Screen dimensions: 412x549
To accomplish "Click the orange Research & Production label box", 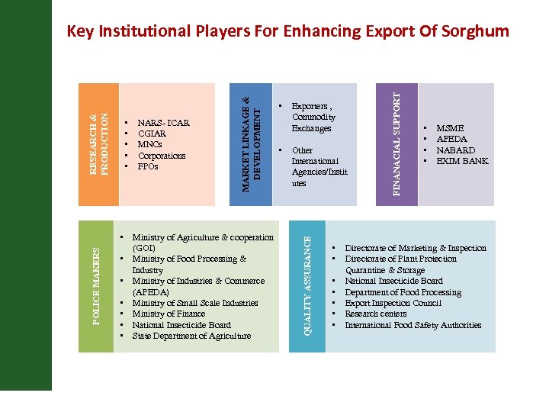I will coord(99,144).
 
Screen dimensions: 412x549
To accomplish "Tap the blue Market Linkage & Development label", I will coord(252,144).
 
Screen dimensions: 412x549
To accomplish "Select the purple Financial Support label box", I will coord(399,144).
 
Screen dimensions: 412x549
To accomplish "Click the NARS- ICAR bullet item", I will coord(163,123).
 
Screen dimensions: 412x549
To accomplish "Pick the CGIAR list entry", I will coord(152,134).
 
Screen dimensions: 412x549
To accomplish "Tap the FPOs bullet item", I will coord(148,166).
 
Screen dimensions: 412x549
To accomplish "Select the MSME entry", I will coord(450,129).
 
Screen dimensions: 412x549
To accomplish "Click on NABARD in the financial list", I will coord(455,150).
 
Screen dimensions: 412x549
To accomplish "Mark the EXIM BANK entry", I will coord(461,161).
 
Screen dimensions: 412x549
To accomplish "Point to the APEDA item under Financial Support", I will coord(451,140).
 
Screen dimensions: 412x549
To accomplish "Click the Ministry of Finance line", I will coord(169,314).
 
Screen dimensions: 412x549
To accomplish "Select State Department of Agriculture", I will coord(191,336).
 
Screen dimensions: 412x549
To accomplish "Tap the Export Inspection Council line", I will coord(393,303).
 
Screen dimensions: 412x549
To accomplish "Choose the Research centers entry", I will coord(376,314).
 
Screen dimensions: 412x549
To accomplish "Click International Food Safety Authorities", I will coord(413,325).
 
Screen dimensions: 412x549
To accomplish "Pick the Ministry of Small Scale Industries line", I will coord(195,303).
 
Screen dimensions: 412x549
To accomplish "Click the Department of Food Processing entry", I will coord(403,292).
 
